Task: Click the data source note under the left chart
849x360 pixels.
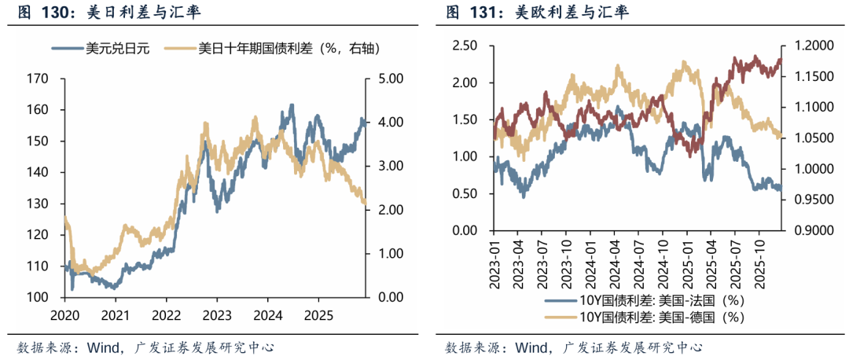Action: (x=145, y=347)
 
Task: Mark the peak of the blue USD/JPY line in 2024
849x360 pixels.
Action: (x=292, y=105)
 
